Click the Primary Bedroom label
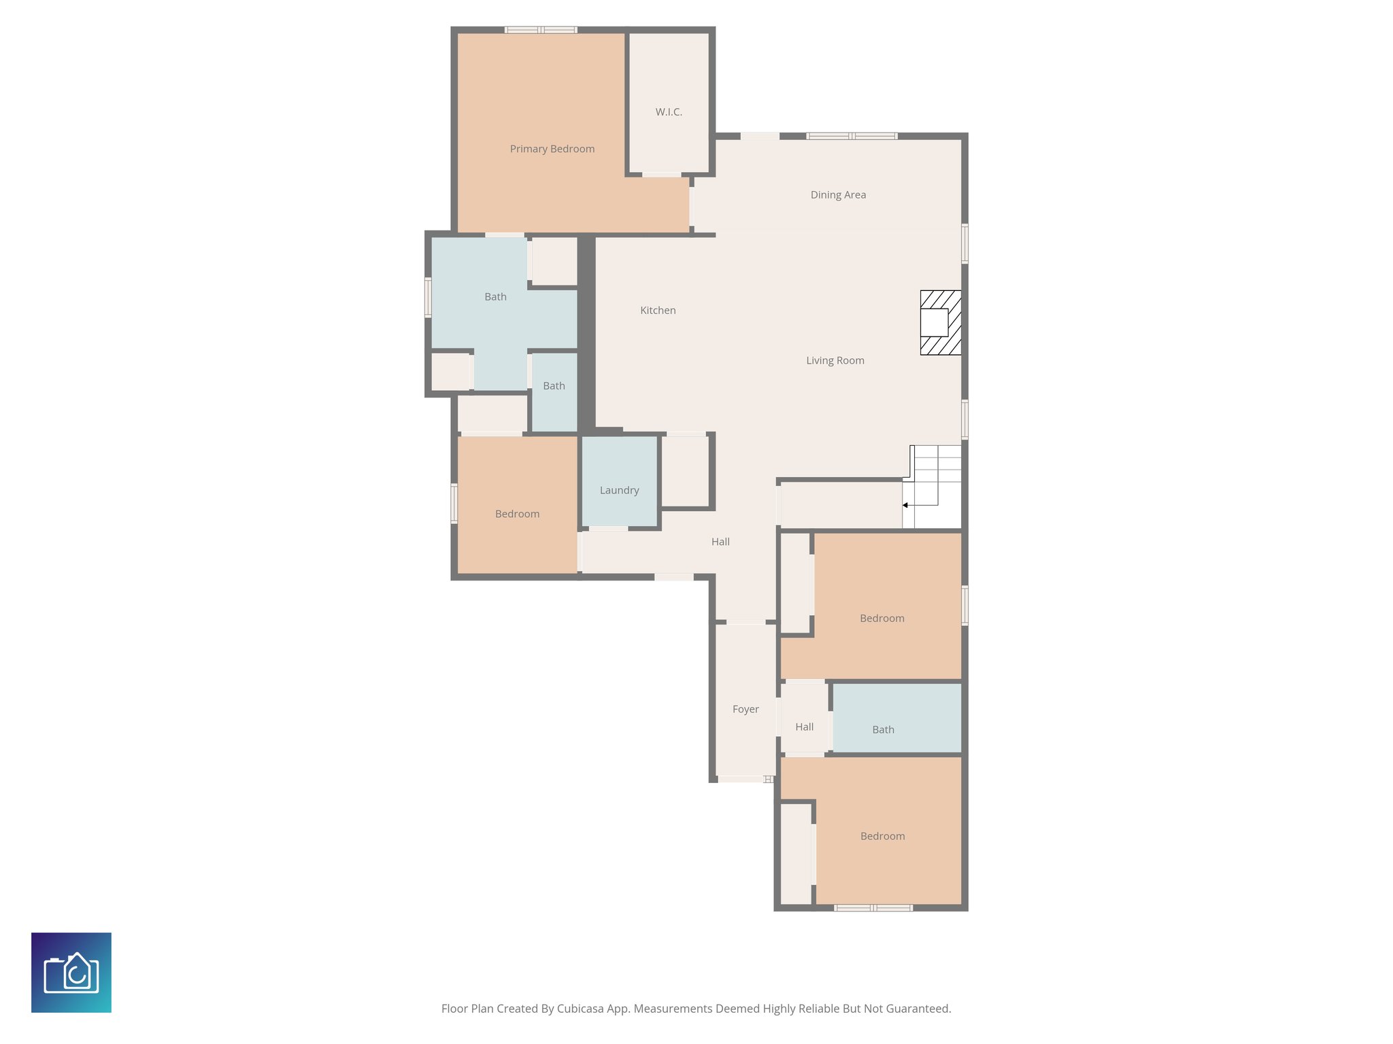coord(552,149)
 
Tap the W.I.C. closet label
coord(669,112)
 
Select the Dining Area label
coord(837,195)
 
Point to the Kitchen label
coord(658,311)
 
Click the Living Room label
coord(835,361)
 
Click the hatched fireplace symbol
coord(941,322)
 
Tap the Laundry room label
coord(619,490)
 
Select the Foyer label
coord(745,709)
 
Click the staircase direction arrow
coord(905,505)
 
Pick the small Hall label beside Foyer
coord(804,727)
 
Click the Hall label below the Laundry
coord(720,542)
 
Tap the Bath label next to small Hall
coord(883,729)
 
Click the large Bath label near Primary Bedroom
coord(495,297)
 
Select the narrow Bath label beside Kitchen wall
coord(554,386)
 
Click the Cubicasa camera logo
coord(71,972)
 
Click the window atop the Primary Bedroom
coord(541,30)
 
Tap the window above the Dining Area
coord(852,136)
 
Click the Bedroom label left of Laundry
coord(517,514)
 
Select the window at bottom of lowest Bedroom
coord(873,907)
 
